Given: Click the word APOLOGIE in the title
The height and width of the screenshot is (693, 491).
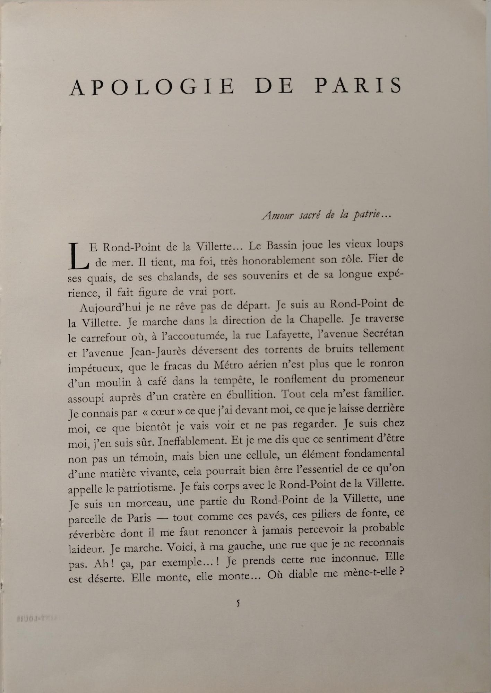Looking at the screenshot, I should point(152,87).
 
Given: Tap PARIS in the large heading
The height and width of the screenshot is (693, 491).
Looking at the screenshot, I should point(358,86).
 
